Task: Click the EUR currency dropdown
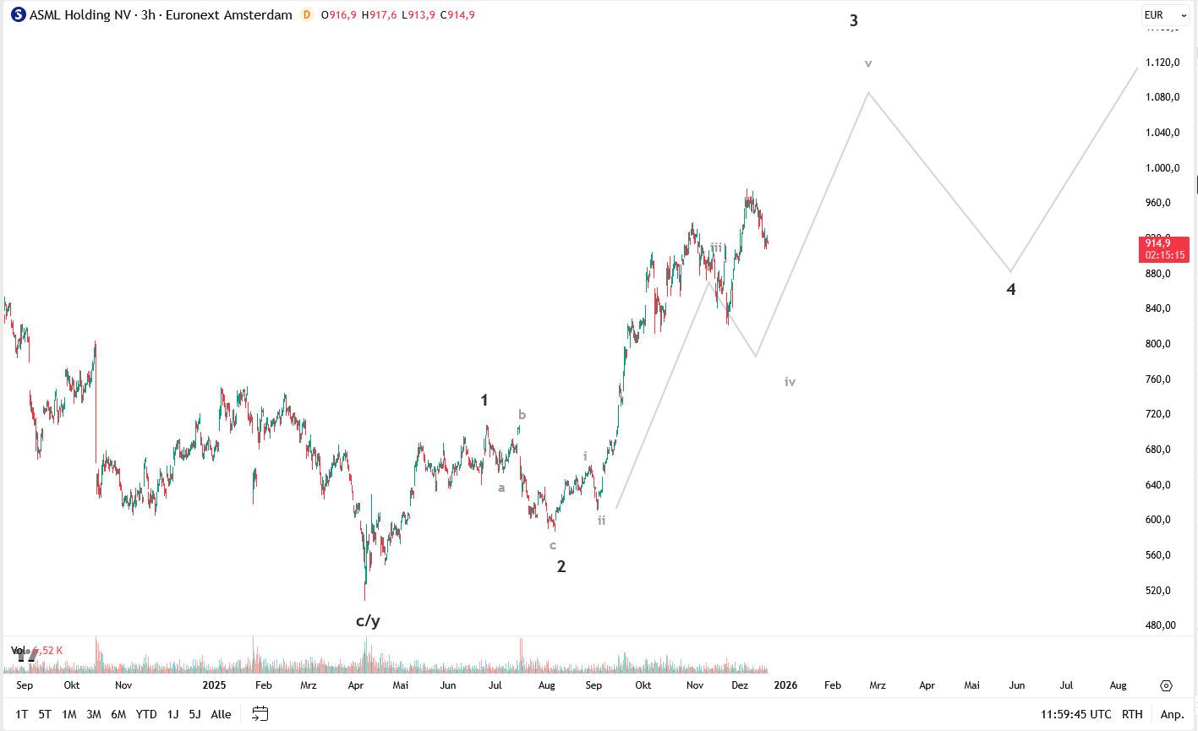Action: (x=1165, y=15)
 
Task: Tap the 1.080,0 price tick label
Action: (x=1162, y=97)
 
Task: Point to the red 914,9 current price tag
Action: (x=1165, y=248)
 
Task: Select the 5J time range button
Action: (x=194, y=714)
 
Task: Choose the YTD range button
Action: (x=146, y=714)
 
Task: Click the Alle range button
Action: (x=221, y=714)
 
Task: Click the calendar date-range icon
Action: (x=260, y=714)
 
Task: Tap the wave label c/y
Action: (x=368, y=621)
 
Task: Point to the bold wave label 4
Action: (x=1011, y=290)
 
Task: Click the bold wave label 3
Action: (x=854, y=21)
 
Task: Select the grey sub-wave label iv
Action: (x=790, y=382)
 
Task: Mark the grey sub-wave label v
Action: (x=868, y=64)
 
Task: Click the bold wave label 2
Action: (x=561, y=567)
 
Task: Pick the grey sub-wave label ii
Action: (x=602, y=521)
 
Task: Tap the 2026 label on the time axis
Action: (x=785, y=685)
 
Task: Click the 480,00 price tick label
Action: (x=1161, y=625)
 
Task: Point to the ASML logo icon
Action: (x=19, y=15)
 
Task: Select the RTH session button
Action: (x=1132, y=714)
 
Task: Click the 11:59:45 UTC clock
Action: (x=1075, y=714)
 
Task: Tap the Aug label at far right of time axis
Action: (x=1118, y=685)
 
